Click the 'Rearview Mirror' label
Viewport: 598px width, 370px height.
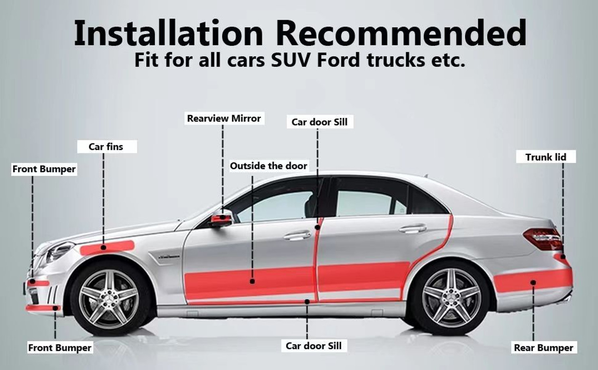pyautogui.click(x=224, y=118)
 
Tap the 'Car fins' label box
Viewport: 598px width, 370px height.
pyautogui.click(x=107, y=147)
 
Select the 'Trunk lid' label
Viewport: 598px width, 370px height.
pyautogui.click(x=546, y=157)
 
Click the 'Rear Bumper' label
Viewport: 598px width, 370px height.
pyautogui.click(x=544, y=348)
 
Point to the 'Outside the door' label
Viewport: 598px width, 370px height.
pyautogui.click(x=269, y=166)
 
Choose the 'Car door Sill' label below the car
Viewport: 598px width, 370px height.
pyautogui.click(x=314, y=346)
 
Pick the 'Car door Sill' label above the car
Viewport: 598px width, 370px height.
pyautogui.click(x=320, y=122)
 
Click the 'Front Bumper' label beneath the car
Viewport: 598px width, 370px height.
pyautogui.click(x=60, y=348)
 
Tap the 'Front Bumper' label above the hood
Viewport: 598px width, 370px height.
pyautogui.click(x=44, y=169)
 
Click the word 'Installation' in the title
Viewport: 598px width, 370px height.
pyautogui.click(x=169, y=33)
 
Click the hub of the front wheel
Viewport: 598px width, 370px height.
pyautogui.click(x=110, y=299)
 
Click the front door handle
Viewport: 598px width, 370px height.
pyautogui.click(x=297, y=236)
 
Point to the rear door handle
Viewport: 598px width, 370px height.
pyautogui.click(x=413, y=229)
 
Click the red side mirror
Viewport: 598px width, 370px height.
pyautogui.click(x=221, y=218)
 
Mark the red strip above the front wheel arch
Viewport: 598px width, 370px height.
pyautogui.click(x=107, y=248)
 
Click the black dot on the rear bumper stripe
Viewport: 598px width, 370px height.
pyautogui.click(x=533, y=282)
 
